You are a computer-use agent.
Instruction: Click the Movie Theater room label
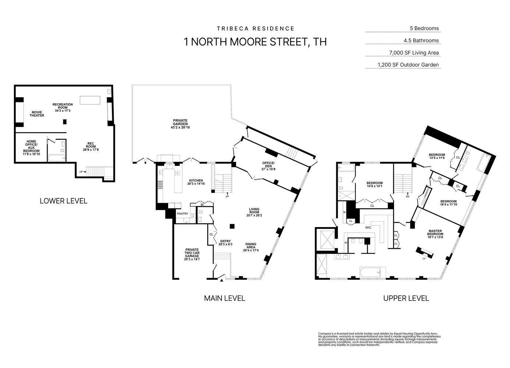(37, 114)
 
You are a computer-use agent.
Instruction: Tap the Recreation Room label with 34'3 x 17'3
(63, 107)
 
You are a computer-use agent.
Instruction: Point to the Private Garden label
(180, 124)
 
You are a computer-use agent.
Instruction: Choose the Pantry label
(183, 214)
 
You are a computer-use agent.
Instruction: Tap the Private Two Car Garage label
(192, 254)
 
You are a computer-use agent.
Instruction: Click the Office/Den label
(268, 166)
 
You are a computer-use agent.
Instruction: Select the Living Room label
(254, 212)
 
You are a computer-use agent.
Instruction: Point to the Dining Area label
(251, 247)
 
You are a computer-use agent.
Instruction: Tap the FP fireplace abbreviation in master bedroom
(424, 258)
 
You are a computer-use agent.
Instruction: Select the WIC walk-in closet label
(368, 228)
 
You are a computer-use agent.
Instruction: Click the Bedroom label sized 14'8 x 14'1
(375, 184)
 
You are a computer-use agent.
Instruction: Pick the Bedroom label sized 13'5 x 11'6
(437, 156)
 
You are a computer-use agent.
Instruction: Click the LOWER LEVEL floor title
(63, 201)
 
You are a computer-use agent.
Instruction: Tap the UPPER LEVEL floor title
(406, 298)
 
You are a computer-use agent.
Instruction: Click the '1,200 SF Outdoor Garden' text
(408, 65)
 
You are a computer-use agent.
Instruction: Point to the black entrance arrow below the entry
(222, 280)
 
